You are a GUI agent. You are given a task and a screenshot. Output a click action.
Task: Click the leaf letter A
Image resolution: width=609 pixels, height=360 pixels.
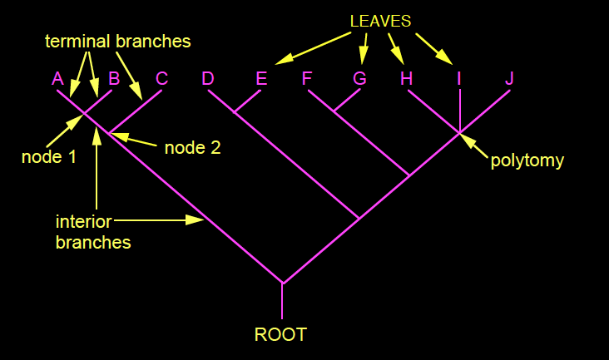tap(57, 79)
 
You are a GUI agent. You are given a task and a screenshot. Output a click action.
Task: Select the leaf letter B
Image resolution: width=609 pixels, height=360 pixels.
tap(115, 79)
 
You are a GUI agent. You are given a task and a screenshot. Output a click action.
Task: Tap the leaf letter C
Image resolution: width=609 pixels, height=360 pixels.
tap(162, 79)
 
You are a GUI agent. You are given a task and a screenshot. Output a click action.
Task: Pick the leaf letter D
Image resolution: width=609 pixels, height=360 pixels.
tap(208, 79)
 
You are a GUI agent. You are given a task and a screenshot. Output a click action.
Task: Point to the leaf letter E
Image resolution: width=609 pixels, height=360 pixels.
tap(261, 79)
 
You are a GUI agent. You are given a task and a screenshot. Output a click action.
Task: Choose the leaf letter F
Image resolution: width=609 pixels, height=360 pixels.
tap(307, 79)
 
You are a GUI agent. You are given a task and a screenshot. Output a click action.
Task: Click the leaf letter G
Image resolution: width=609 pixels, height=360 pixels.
tap(359, 79)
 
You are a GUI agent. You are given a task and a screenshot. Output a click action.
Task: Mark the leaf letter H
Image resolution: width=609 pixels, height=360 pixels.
tap(406, 79)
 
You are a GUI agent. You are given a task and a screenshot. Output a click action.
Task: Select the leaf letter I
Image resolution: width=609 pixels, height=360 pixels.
tap(458, 79)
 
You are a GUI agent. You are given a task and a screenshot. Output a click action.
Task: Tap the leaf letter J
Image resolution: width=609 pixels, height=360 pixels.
tap(510, 79)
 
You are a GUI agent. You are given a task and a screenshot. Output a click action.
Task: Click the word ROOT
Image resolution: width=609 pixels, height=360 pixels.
tap(280, 335)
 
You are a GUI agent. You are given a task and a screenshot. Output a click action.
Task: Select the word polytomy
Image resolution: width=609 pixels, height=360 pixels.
tap(527, 160)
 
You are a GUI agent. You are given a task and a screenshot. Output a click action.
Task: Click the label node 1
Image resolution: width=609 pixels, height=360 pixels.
tap(49, 156)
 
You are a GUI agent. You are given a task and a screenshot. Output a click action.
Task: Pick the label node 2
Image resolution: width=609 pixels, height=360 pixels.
tap(192, 148)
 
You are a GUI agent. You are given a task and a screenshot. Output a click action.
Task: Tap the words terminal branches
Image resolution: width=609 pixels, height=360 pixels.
tap(118, 41)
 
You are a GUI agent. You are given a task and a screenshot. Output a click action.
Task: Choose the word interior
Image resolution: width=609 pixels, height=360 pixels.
tap(83, 222)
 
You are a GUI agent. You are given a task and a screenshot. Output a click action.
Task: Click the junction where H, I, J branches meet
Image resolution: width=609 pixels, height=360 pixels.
tap(460, 131)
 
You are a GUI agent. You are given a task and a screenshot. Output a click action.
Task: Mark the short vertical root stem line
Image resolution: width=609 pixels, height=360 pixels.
tap(282, 301)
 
